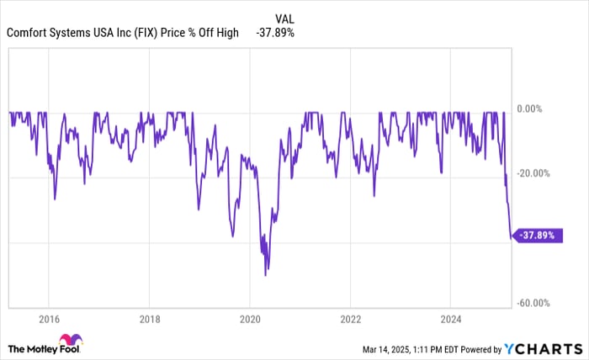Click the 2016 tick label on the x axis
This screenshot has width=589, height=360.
coord(49,320)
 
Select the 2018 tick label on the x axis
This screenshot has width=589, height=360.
coord(149,320)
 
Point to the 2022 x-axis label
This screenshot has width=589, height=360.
coord(350,320)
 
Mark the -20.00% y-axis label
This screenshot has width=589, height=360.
coord(536,173)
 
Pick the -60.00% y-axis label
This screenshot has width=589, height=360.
coord(536,303)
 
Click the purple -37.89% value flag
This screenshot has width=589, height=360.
coord(535,236)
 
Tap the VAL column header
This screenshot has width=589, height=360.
coord(286,16)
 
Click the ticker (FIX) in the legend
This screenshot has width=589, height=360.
coord(153,34)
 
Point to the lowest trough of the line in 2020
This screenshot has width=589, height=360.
coord(265,275)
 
